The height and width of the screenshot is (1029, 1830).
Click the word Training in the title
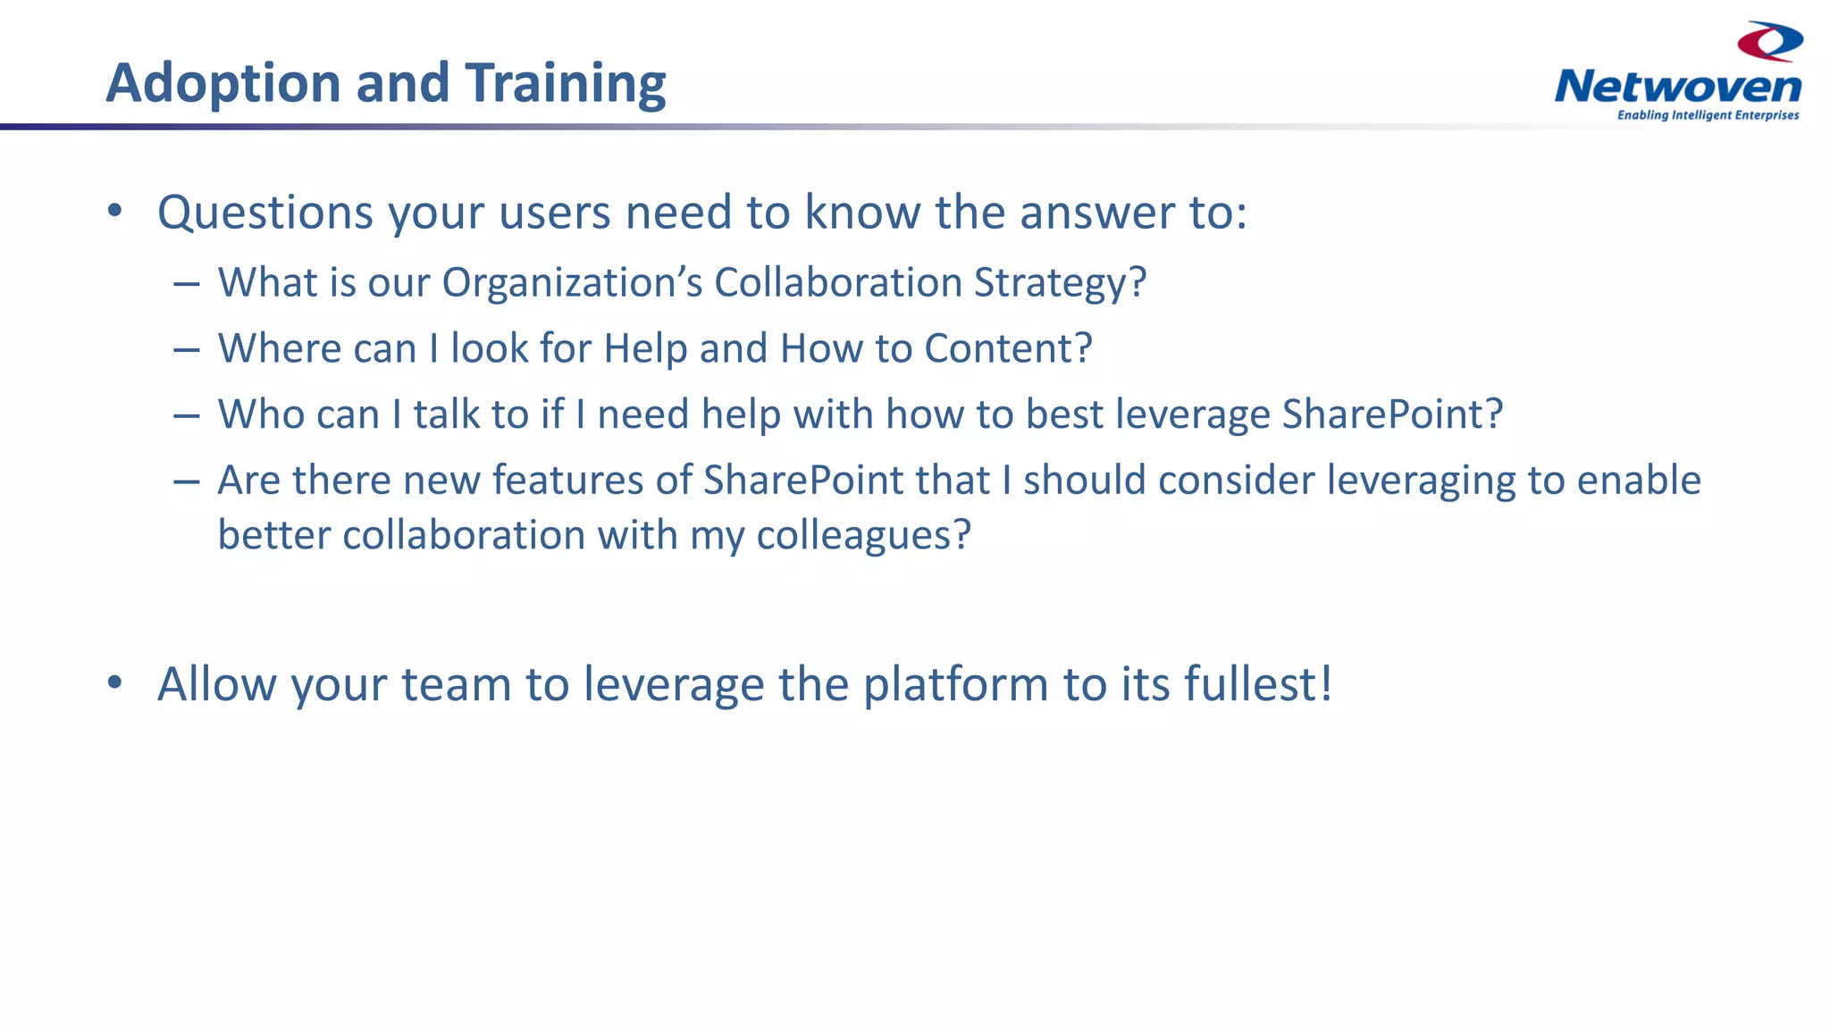(564, 84)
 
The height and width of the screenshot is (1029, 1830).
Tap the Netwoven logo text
(1677, 88)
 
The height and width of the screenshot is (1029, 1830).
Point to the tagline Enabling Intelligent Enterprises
(1708, 115)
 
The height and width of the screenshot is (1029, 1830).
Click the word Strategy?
(1060, 283)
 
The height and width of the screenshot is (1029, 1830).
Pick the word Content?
(1008, 348)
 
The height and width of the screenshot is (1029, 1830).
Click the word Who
(254, 414)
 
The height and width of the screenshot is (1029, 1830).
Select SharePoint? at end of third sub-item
(1392, 414)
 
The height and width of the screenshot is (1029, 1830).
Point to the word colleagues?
(863, 536)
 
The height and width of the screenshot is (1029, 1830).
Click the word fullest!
(1258, 684)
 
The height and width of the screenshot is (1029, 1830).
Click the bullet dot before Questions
(114, 212)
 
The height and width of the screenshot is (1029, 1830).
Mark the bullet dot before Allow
(114, 683)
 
